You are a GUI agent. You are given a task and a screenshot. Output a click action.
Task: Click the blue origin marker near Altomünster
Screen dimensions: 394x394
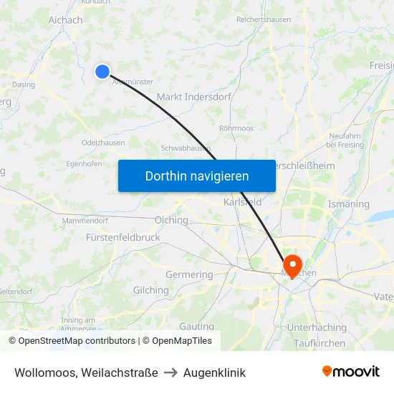pyautogui.click(x=102, y=71)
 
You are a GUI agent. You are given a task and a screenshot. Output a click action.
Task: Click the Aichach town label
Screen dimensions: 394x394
pyautogui.click(x=65, y=20)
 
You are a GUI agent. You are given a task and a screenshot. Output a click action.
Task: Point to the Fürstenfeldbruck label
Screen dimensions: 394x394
pyautogui.click(x=122, y=237)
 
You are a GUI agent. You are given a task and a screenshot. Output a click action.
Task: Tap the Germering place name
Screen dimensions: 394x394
pyautogui.click(x=189, y=274)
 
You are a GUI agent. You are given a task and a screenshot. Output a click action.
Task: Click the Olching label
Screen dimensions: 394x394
pyautogui.click(x=171, y=220)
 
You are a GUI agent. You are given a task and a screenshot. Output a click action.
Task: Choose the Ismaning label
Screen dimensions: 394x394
pyautogui.click(x=348, y=204)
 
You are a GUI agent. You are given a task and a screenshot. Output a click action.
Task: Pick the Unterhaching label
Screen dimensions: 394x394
pyautogui.click(x=316, y=327)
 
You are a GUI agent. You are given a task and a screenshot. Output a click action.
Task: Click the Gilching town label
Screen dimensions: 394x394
pyautogui.click(x=151, y=290)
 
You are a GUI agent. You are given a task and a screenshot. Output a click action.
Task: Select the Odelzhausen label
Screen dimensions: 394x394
pyautogui.click(x=103, y=143)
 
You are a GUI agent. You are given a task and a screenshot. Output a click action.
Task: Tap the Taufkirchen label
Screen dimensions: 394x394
pyautogui.click(x=319, y=343)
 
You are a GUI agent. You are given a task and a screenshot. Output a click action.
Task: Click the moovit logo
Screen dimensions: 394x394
pyautogui.click(x=351, y=371)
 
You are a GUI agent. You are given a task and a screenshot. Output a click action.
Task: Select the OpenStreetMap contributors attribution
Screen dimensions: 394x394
pyautogui.click(x=72, y=341)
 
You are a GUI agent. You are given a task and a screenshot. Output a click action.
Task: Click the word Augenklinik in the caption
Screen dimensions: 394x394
pyautogui.click(x=214, y=373)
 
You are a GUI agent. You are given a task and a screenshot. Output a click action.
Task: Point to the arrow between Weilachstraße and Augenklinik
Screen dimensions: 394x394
pyautogui.click(x=170, y=373)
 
